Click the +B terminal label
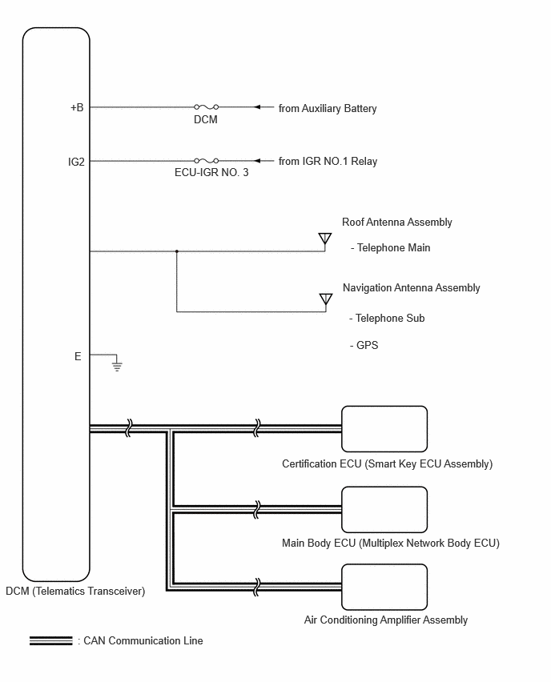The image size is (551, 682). pos(77,107)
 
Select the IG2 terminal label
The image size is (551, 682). pos(76,162)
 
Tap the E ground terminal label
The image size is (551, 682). pos(78,357)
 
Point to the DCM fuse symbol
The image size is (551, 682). pos(207,106)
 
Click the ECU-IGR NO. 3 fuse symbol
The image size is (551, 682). pos(207,161)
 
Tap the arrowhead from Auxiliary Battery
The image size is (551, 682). pos(257,107)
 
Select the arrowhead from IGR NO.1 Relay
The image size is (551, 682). pos(257,161)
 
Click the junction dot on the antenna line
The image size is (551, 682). pos(177,251)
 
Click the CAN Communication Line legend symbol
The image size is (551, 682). pos(51,640)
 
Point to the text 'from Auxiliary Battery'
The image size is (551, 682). pos(328,108)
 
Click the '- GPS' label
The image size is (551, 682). pos(364,345)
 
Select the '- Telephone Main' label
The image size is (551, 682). pos(390,247)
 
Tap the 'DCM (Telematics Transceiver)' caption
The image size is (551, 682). pos(75,591)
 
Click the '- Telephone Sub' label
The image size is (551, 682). pos(387,319)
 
